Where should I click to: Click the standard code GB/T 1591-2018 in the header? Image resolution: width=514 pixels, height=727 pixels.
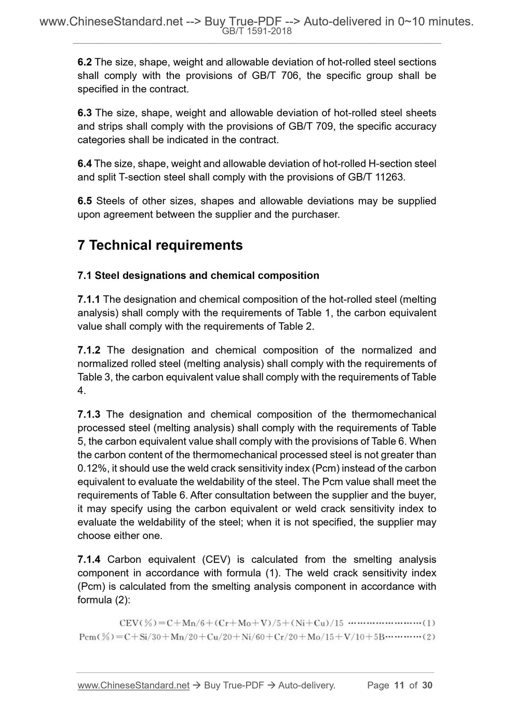coord(256,31)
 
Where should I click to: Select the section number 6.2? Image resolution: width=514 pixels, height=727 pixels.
coord(85,62)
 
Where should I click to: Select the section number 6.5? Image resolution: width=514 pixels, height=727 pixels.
coord(85,201)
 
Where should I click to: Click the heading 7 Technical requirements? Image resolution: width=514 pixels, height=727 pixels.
coord(160,245)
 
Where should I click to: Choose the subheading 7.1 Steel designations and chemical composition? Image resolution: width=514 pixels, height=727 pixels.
coord(198,276)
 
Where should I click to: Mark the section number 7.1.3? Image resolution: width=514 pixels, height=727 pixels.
coord(89,414)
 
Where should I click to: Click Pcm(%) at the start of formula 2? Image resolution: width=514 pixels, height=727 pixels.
coord(97,637)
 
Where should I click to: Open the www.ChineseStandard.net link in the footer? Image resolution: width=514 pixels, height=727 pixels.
coord(133,685)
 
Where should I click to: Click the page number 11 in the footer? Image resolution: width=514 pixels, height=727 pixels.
coord(399,685)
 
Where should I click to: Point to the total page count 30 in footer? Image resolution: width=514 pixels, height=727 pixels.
coord(427,685)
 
